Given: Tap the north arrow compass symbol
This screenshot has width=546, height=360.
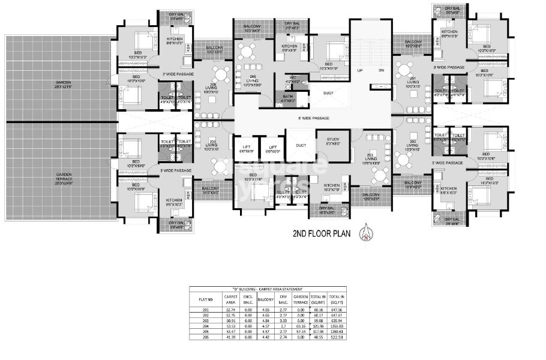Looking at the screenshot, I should click(362, 232).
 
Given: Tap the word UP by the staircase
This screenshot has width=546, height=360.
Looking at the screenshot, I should click(360, 70).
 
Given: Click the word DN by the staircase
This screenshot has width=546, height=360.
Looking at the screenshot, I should click(381, 70).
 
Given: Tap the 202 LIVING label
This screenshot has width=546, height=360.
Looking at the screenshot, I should click(412, 144).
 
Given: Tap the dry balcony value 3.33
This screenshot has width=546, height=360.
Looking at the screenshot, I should click(283, 319).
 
